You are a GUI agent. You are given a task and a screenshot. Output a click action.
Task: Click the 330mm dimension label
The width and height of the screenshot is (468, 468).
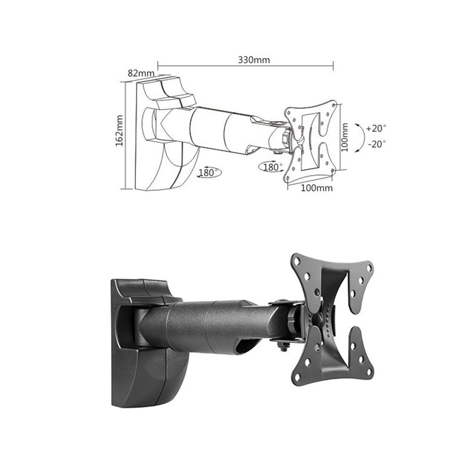pyautogui.click(x=254, y=60)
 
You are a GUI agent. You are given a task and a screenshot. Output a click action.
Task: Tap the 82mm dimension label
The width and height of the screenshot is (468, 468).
pyautogui.click(x=141, y=73)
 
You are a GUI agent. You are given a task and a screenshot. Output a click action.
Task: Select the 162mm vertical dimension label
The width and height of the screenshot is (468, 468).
pyautogui.click(x=119, y=131)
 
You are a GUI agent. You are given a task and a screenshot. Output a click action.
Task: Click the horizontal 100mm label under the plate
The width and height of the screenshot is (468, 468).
pyautogui.click(x=316, y=188)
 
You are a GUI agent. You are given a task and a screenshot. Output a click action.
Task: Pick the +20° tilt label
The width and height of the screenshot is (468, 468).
pyautogui.click(x=376, y=128)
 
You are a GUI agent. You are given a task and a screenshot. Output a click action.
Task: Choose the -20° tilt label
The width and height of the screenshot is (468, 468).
pyautogui.click(x=377, y=144)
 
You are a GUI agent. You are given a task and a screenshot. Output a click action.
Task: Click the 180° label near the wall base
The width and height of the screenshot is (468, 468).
pyautogui.click(x=209, y=173)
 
